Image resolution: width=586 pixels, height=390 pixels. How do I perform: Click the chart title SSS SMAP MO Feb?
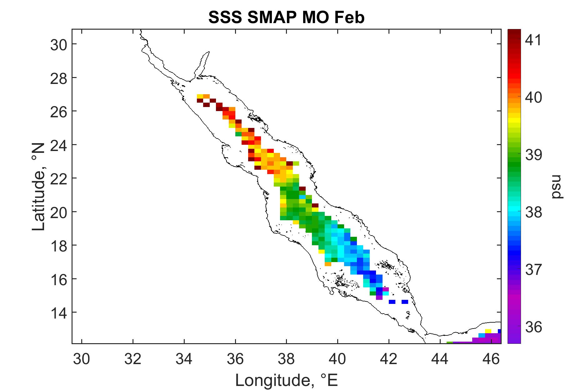coord(286,18)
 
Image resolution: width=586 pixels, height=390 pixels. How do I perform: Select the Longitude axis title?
coord(286,380)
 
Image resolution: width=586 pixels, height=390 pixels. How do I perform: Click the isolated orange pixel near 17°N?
coord(328,264)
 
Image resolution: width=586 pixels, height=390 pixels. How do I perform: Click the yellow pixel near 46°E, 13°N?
coord(488,331)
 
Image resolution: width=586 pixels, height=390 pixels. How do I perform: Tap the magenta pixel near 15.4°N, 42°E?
coord(386,289)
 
